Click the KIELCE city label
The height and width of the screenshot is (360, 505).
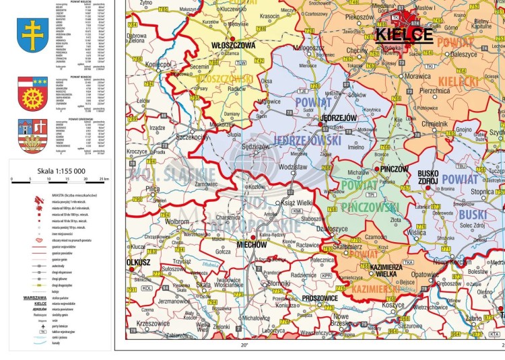[x=404, y=35]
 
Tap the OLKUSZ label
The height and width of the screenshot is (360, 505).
[x=137, y=260]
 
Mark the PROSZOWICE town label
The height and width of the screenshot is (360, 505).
[x=311, y=297]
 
